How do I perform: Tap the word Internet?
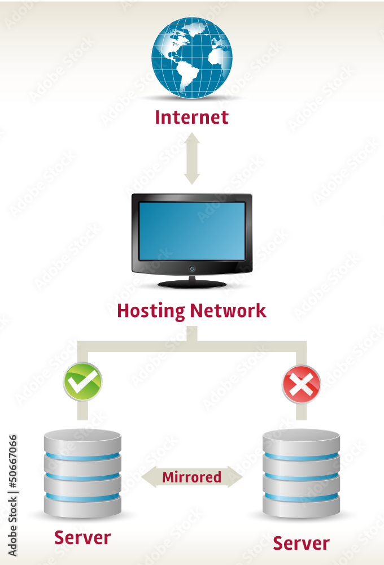[191, 118]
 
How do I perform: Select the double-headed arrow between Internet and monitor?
[192, 158]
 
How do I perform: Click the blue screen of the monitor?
[192, 231]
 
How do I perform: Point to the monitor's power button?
[192, 268]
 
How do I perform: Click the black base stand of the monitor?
[192, 283]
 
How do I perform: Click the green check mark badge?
[82, 382]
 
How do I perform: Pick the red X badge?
[301, 384]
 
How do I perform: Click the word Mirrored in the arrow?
[192, 477]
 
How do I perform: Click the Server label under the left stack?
[82, 537]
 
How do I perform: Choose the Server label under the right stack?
[301, 544]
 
